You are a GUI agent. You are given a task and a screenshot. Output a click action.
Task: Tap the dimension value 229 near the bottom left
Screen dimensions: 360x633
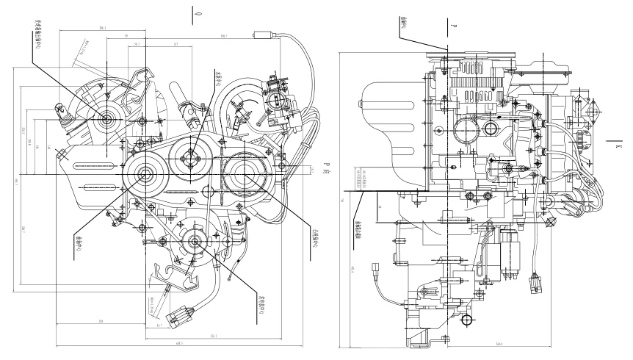100,322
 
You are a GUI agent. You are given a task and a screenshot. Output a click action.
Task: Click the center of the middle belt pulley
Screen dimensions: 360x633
192,156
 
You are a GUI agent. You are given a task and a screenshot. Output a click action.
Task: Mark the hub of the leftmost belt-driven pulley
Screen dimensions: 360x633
142,173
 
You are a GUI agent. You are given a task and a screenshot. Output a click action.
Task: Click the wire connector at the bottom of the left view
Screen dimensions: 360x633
179,317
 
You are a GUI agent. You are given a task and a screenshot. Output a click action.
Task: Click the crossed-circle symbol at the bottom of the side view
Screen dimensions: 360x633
464,320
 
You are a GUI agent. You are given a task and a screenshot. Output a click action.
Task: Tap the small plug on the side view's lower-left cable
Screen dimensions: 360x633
378,267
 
